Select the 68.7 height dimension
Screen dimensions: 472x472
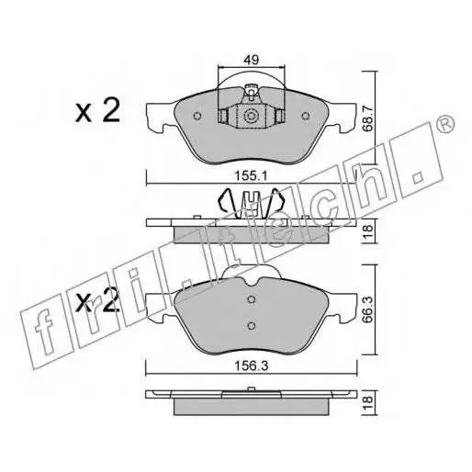367,118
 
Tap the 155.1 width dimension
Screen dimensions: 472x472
251,176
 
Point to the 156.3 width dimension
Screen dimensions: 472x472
252,365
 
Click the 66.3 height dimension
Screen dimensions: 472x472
367,309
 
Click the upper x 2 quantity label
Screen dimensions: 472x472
97,111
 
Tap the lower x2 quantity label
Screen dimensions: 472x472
97,301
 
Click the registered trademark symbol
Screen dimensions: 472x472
446,124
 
